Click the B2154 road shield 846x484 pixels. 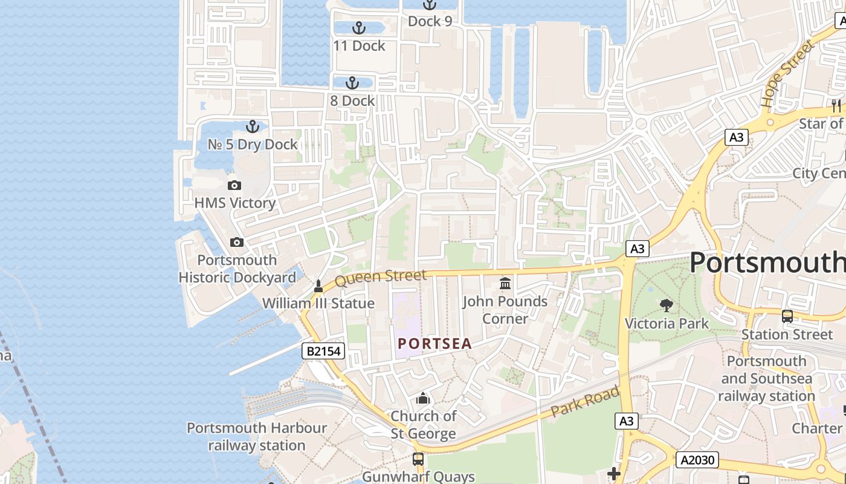[x=323, y=351]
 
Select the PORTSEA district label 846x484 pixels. [x=434, y=344]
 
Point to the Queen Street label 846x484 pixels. [x=380, y=278]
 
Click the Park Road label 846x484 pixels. [x=585, y=401]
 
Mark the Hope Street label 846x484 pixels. [x=787, y=74]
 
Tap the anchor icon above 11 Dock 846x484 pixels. [x=359, y=28]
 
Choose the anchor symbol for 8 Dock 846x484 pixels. [x=352, y=83]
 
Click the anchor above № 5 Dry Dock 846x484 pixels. [x=253, y=126]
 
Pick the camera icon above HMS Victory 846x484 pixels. [x=234, y=185]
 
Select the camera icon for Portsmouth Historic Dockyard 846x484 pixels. [x=237, y=242]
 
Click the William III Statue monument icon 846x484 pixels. [x=318, y=286]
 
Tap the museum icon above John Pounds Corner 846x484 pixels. [x=505, y=283]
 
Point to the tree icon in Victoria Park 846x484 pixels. [x=667, y=305]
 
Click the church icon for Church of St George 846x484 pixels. [x=423, y=398]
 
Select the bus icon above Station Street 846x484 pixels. [x=787, y=316]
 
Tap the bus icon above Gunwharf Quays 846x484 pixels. [x=418, y=459]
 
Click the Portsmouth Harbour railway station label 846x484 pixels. [x=257, y=437]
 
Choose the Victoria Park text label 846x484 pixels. [x=667, y=323]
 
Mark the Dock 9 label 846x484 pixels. [x=430, y=21]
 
